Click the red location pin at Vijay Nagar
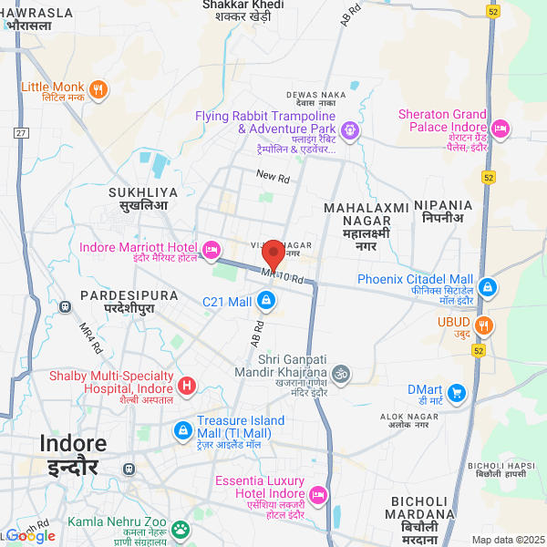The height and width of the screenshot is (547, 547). click(273, 254)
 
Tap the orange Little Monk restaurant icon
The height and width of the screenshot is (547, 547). click(98, 88)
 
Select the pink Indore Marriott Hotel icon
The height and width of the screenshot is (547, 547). click(212, 248)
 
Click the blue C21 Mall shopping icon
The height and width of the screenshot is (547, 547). click(265, 300)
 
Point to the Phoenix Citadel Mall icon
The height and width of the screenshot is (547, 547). click(488, 287)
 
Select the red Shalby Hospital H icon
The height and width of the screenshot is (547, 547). click(187, 386)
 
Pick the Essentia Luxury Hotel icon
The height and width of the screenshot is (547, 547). click(318, 495)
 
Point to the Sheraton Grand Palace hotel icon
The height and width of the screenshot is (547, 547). click(501, 127)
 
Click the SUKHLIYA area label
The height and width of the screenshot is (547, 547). click(139, 192)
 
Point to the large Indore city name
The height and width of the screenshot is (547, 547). click(72, 444)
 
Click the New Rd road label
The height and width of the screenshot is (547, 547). click(272, 175)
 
